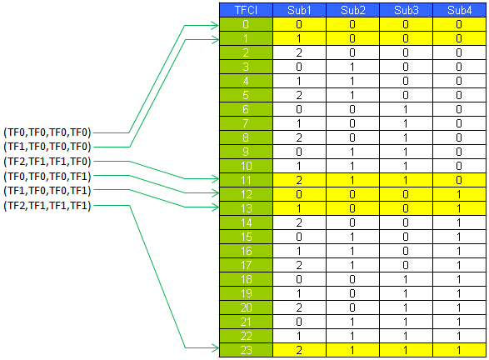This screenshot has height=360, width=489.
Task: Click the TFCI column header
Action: click(246, 10)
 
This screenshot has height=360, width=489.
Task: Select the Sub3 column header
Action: click(406, 10)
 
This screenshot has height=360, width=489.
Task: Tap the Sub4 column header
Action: click(459, 10)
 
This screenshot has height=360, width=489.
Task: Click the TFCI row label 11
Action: click(246, 180)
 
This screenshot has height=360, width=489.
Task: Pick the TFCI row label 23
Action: click(246, 350)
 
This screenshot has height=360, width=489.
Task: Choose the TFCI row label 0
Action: click(246, 24)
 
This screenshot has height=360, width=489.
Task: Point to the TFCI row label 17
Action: click(246, 265)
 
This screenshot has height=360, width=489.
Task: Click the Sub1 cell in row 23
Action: click(299, 350)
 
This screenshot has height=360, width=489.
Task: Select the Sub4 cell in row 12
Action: click(459, 194)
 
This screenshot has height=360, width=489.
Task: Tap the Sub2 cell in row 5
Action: click(352, 95)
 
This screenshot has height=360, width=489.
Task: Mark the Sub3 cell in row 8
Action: click(406, 137)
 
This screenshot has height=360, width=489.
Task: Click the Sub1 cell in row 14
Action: click(299, 222)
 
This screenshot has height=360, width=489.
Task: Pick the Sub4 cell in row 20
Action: click(459, 307)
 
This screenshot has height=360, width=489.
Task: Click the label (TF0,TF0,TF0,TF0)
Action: click(47, 132)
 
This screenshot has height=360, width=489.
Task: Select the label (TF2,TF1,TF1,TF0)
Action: click(47, 162)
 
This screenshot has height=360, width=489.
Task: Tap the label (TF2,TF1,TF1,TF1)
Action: click(47, 206)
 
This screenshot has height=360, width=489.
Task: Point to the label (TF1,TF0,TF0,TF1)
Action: click(47, 191)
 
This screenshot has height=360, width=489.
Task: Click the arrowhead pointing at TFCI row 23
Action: click(216, 347)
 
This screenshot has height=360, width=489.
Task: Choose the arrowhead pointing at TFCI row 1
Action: click(216, 40)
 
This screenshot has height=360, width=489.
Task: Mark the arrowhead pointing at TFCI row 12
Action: click(216, 193)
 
